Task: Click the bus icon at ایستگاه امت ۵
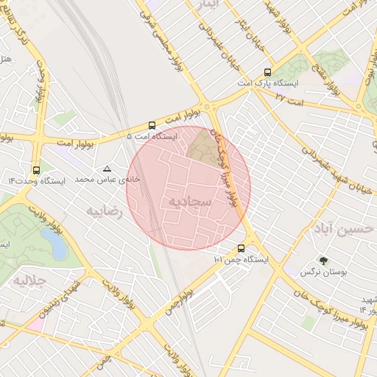click(x=152, y=125)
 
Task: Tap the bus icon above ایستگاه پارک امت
click(x=267, y=73)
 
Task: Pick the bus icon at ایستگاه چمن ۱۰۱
click(x=241, y=248)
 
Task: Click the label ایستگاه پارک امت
click(x=268, y=85)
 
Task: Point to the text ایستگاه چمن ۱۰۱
click(x=241, y=260)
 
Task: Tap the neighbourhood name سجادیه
click(x=190, y=201)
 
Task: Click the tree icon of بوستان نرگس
click(x=323, y=261)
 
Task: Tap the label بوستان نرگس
click(x=323, y=272)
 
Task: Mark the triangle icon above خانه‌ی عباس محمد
click(x=108, y=169)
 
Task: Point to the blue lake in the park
click(x=53, y=243)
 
